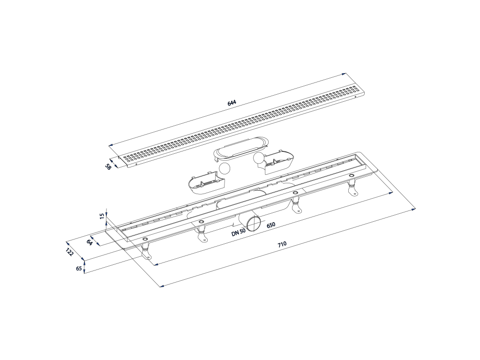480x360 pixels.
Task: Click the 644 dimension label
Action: (x=232, y=103)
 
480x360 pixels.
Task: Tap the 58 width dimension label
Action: (x=108, y=167)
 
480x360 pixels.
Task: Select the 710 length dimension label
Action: (x=282, y=244)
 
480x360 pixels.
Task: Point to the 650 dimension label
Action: (x=270, y=225)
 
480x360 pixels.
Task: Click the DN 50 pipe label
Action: (x=239, y=232)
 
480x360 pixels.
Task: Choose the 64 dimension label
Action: (x=90, y=242)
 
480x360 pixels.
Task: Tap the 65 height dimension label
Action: (x=79, y=269)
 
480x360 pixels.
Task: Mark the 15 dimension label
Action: (x=102, y=217)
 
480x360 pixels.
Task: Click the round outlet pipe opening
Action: (x=254, y=224)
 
